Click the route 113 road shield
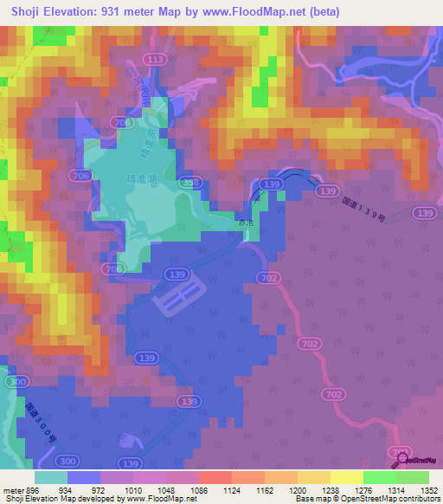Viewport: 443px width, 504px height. click(x=156, y=59)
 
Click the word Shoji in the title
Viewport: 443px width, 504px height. click(x=30, y=12)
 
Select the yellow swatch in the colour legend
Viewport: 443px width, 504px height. click(x=346, y=477)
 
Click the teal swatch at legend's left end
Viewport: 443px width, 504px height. click(x=51, y=477)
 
